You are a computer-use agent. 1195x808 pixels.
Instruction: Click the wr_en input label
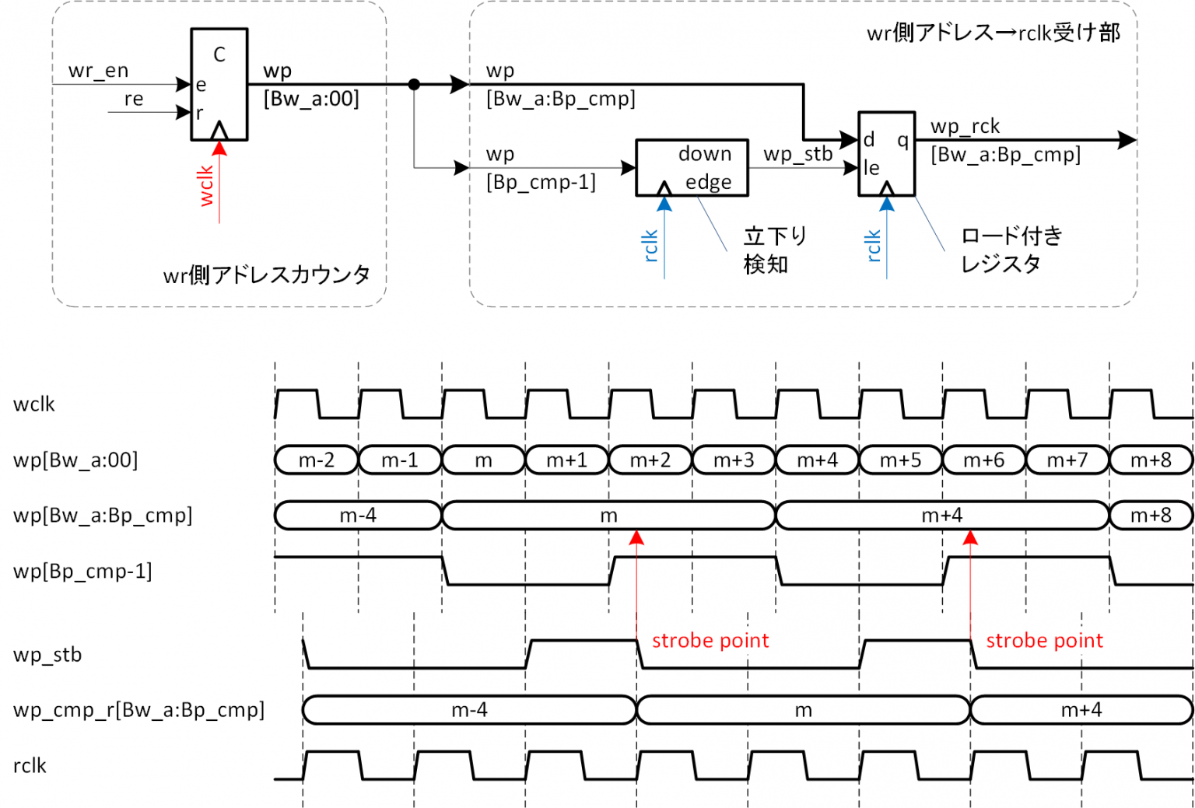(x=98, y=71)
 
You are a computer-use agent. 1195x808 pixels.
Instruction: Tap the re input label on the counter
(x=134, y=100)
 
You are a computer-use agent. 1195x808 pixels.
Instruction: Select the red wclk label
(x=206, y=185)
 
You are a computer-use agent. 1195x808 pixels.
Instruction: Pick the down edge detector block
(x=692, y=167)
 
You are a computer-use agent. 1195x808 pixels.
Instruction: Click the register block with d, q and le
(x=886, y=153)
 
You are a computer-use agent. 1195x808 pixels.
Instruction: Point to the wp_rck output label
(x=965, y=126)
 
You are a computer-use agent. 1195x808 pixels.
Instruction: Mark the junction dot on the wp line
(x=415, y=84)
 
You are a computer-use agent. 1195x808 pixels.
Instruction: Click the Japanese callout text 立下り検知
(x=774, y=250)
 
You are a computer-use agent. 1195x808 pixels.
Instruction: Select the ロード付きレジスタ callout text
(x=1011, y=250)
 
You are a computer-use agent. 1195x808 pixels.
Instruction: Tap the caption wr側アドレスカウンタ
(x=266, y=275)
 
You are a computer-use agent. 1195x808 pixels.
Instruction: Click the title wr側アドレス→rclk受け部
(x=993, y=33)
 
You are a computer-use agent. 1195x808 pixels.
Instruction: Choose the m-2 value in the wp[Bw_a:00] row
(x=317, y=460)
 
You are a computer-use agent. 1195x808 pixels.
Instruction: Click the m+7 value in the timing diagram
(x=1067, y=460)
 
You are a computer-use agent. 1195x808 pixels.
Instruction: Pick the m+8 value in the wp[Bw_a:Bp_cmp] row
(x=1151, y=516)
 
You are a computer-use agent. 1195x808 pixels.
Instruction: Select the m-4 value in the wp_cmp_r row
(x=469, y=710)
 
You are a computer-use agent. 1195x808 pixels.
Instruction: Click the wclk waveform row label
(x=34, y=404)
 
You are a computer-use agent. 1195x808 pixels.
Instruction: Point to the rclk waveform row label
(x=30, y=766)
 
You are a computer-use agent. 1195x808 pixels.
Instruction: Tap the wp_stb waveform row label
(x=47, y=655)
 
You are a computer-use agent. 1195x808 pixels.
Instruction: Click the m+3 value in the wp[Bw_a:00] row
(x=734, y=460)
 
